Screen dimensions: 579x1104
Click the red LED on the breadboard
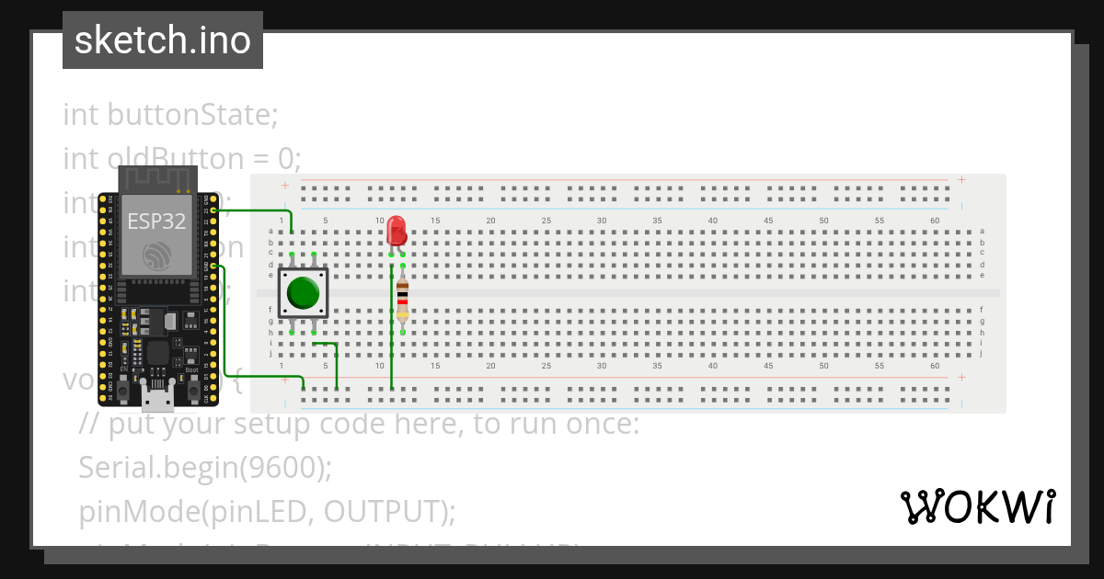pyautogui.click(x=397, y=230)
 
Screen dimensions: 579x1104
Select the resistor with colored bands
pyautogui.click(x=402, y=298)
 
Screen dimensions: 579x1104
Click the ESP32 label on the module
pyautogui.click(x=156, y=221)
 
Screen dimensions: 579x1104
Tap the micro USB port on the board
pyautogui.click(x=157, y=397)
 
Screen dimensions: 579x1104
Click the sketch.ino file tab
pyautogui.click(x=163, y=40)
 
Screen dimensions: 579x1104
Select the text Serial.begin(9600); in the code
pyautogui.click(x=205, y=468)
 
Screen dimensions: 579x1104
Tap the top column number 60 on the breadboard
pyautogui.click(x=935, y=221)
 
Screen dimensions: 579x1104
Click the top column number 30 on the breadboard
pyautogui.click(x=602, y=221)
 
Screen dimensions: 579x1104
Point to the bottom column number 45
pyautogui.click(x=768, y=365)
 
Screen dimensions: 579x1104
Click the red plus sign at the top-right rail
pyautogui.click(x=962, y=180)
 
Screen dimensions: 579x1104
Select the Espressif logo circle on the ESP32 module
pyautogui.click(x=155, y=257)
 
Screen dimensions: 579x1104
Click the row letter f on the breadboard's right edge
pyautogui.click(x=983, y=310)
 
